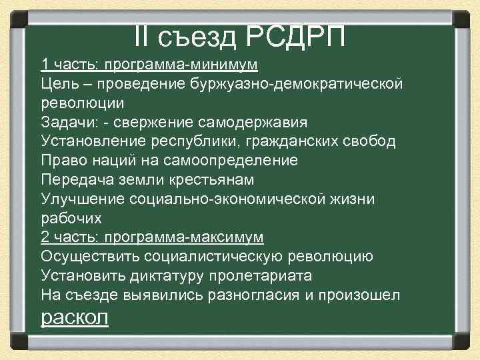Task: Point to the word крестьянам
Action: coord(211,180)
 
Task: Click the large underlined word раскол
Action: coord(74,317)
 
